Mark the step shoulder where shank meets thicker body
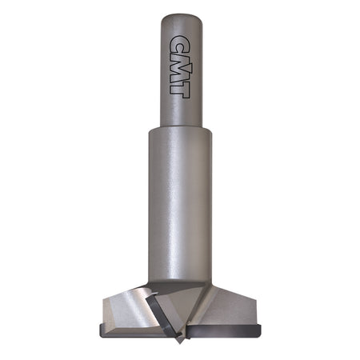[x=180, y=130]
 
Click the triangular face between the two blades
[x=188, y=308]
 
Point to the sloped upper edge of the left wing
[x=128, y=294]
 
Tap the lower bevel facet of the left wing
[x=120, y=320]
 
